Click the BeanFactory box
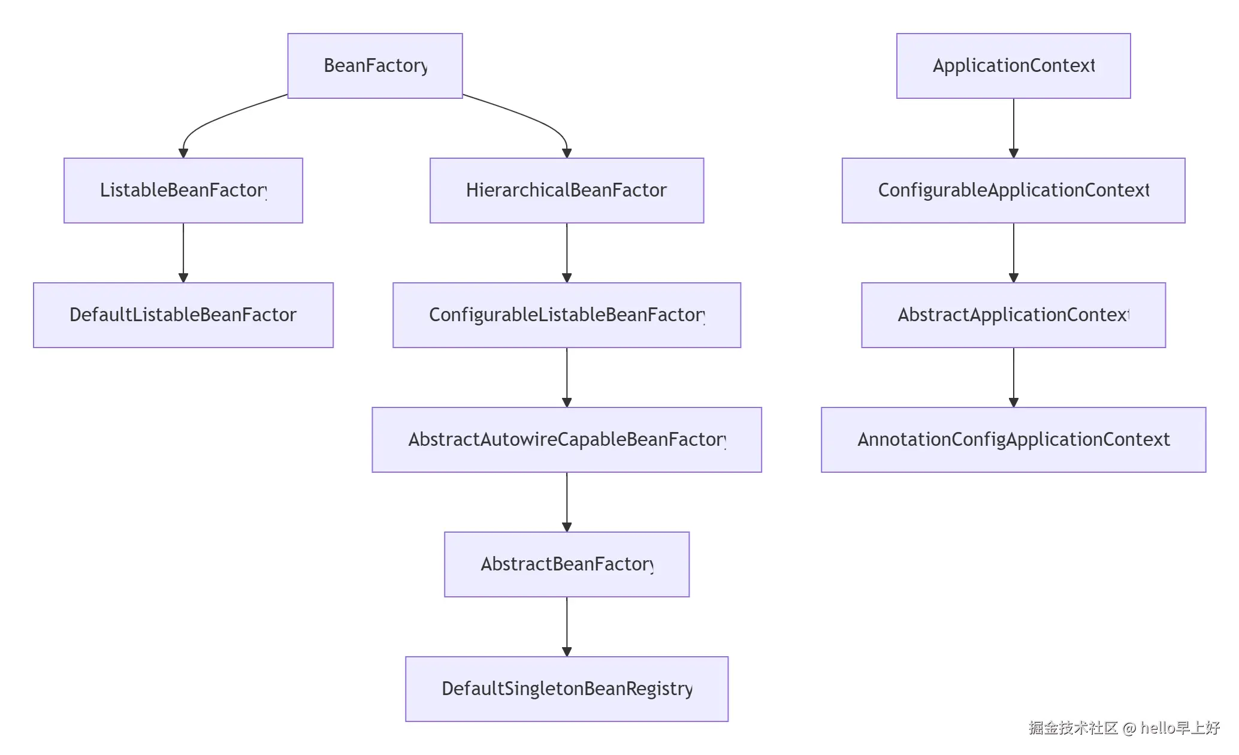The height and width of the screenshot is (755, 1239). pos(375,66)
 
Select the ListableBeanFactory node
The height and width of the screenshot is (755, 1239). pos(183,191)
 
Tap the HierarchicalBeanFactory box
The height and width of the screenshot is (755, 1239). pos(567,191)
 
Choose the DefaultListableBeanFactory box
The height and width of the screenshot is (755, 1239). pos(183,315)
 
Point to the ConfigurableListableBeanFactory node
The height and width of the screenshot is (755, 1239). pos(567,315)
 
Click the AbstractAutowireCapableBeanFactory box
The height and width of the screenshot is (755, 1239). pos(567,440)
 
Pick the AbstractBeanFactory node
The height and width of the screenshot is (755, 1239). pos(567,564)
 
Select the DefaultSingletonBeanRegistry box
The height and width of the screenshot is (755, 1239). pos(567,689)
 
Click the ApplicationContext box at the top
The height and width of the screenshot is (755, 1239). pos(1014,66)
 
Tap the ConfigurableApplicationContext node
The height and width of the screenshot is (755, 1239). pos(1014,191)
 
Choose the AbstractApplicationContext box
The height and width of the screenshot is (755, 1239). pos(1014,315)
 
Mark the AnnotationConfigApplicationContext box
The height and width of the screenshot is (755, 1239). pos(1014,440)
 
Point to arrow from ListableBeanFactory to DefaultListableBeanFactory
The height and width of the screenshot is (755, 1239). pos(183,252)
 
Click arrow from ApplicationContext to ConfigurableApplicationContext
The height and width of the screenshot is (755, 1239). pos(1014,127)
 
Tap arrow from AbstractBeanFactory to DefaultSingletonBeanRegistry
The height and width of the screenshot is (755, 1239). pos(567,626)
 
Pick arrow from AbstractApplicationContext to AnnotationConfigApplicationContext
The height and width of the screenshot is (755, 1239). pos(1014,376)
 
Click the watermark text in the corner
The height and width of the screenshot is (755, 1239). pos(1124,728)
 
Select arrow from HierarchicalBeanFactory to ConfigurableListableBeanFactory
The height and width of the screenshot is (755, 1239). pos(567,252)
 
